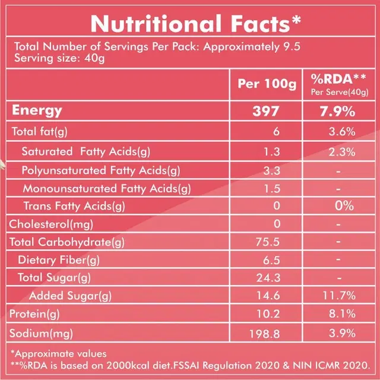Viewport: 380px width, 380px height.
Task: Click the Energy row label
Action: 37,110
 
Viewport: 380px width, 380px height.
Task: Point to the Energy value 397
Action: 267,111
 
